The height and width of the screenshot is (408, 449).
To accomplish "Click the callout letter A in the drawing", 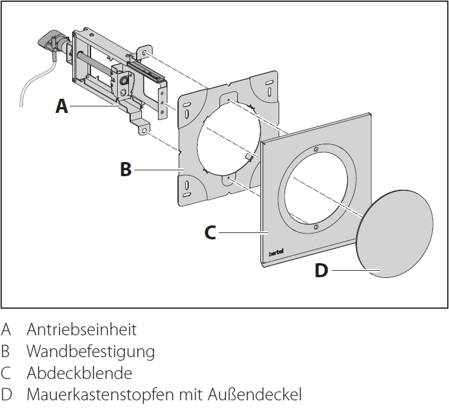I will coord(62,106).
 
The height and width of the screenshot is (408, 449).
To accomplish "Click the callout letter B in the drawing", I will coord(125,170).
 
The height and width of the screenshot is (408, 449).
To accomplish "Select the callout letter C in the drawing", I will coord(210,232).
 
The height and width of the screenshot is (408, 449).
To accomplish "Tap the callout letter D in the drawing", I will coord(321,271).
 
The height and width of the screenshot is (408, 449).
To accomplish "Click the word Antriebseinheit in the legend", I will coord(82,329).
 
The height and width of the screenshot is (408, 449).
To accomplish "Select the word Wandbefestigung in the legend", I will coord(91,352).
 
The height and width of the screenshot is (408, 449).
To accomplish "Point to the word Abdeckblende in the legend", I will coord(79,374).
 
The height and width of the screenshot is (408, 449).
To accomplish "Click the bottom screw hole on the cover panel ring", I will coord(315,226).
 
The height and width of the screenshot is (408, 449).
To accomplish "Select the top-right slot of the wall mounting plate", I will coord(269,82).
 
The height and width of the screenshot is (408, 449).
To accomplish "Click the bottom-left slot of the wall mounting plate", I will coord(187,189).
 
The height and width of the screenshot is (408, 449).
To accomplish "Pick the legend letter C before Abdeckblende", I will coord(6,374).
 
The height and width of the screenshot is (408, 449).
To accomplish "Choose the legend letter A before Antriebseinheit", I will coord(6,329).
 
